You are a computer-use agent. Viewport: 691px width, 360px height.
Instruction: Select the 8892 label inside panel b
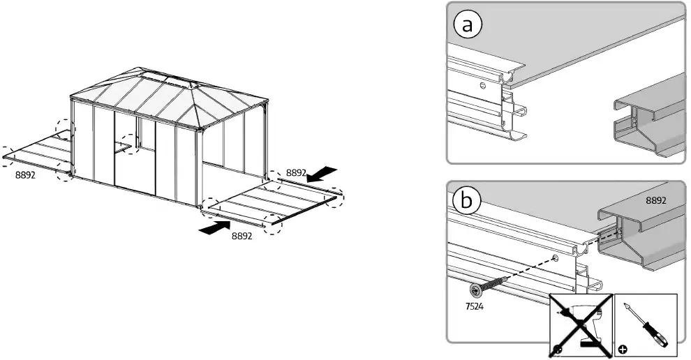[x=655, y=200]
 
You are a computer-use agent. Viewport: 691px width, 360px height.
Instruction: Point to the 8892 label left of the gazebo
[x=25, y=177]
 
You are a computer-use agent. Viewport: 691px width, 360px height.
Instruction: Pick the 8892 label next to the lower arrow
[x=242, y=237]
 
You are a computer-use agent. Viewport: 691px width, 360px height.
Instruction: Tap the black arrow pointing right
[x=214, y=227]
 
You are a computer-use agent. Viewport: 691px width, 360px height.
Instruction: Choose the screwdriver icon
[x=647, y=321]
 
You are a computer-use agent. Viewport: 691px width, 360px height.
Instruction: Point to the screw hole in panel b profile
[x=556, y=258]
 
